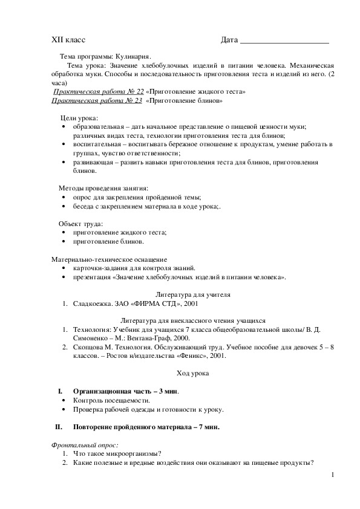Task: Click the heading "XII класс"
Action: click(x=68, y=40)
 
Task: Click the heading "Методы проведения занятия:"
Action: click(x=103, y=189)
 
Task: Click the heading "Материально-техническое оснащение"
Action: click(x=109, y=259)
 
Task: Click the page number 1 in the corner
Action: click(x=332, y=475)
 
